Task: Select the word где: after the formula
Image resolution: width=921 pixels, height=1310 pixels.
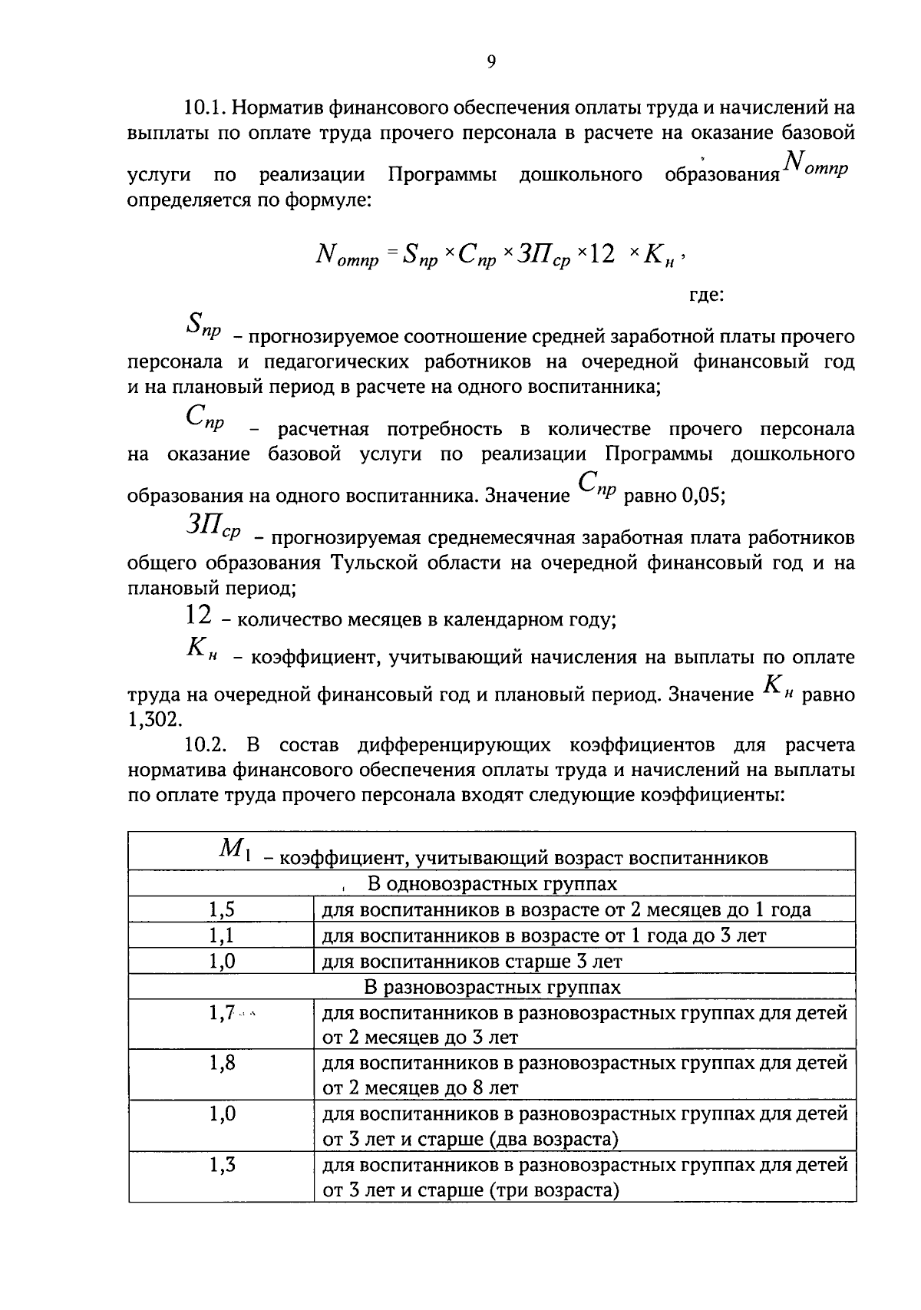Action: click(x=706, y=295)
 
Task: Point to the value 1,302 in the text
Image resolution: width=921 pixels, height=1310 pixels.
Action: click(x=154, y=719)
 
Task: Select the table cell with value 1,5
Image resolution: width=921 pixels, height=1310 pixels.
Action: click(x=222, y=910)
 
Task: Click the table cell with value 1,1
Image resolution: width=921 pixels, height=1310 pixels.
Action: click(x=222, y=935)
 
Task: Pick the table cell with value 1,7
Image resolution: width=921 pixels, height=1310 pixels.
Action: click(x=222, y=1013)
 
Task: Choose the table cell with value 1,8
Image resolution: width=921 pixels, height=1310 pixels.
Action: click(x=222, y=1063)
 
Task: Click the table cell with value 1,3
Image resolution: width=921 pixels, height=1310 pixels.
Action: click(x=222, y=1165)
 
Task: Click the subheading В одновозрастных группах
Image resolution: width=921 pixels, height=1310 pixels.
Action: click(x=492, y=884)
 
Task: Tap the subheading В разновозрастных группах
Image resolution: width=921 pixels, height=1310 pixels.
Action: click(x=492, y=987)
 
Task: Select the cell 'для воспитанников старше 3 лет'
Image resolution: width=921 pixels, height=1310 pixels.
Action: click(x=472, y=962)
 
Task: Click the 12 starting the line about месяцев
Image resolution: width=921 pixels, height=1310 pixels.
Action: click(x=198, y=615)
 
